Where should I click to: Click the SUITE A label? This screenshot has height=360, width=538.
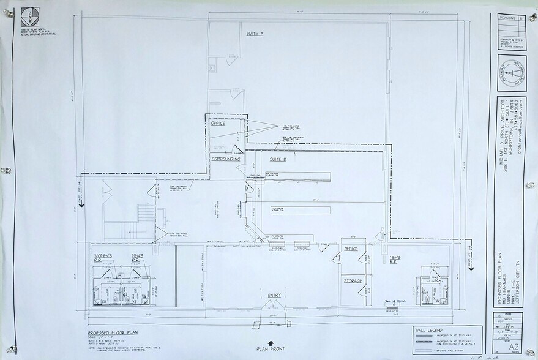point(255,34)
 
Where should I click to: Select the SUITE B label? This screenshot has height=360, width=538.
point(278,159)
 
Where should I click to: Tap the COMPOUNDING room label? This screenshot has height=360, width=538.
point(225,159)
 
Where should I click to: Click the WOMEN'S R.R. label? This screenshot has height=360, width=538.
point(103,257)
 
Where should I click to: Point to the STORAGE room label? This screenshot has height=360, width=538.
point(352,281)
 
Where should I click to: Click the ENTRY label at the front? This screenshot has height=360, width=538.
point(274,296)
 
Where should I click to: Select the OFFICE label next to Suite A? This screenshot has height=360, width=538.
point(219,123)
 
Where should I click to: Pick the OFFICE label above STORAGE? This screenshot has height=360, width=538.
point(351,249)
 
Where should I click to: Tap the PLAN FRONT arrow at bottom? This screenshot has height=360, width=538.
point(272,344)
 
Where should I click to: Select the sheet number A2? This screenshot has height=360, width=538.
point(506,347)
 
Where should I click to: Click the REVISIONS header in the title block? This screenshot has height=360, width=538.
point(507,18)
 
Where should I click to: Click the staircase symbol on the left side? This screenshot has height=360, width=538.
point(144,215)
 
